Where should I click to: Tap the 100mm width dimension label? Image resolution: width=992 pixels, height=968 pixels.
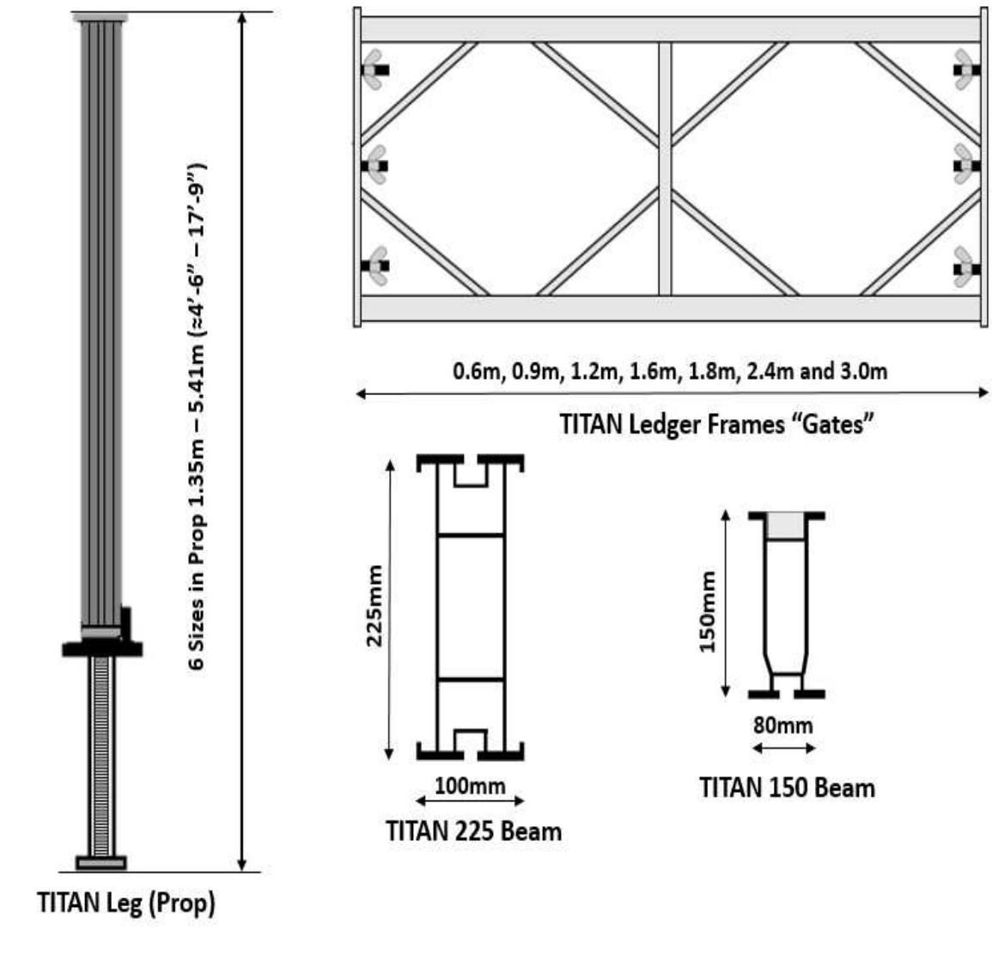click(470, 785)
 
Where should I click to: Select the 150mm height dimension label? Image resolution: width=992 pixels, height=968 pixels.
click(707, 612)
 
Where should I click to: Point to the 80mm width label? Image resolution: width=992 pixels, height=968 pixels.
click(782, 725)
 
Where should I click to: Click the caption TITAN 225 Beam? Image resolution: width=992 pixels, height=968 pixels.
click(473, 831)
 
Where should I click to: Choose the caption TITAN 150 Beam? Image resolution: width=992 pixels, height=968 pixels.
click(787, 788)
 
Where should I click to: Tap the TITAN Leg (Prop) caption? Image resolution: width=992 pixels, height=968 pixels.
click(126, 904)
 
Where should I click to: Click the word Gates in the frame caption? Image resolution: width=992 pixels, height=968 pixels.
click(832, 423)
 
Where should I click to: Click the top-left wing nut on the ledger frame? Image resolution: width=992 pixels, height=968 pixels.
click(374, 69)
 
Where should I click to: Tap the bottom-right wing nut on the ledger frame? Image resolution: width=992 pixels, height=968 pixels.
click(965, 267)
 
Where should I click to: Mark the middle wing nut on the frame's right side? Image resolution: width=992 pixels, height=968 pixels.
click(965, 165)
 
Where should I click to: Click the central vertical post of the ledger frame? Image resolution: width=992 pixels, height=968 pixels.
click(665, 167)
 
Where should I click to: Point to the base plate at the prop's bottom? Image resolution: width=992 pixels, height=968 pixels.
click(101, 862)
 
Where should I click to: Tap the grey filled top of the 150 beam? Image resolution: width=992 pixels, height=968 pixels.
click(786, 527)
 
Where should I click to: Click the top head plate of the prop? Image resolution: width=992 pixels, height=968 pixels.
click(100, 17)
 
